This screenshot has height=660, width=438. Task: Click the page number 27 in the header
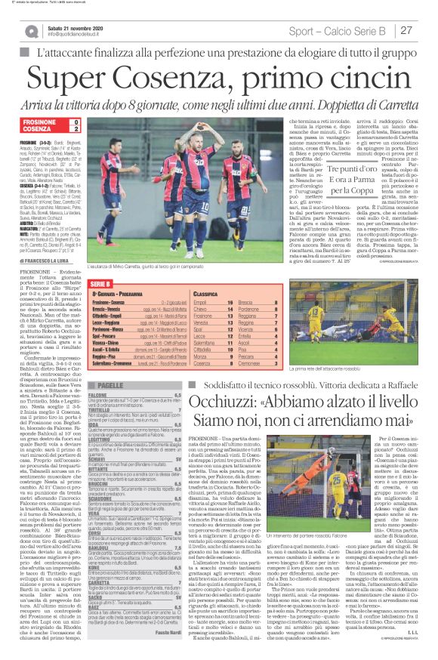click(406, 30)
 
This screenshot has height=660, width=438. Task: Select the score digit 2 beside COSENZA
click(75, 129)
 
